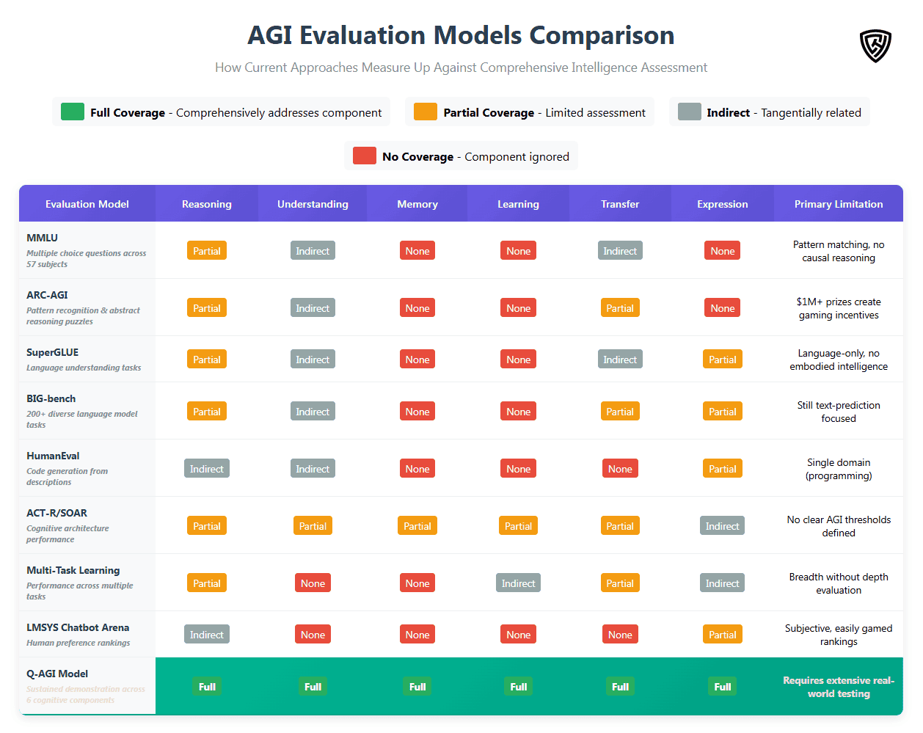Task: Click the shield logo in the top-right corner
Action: (x=875, y=45)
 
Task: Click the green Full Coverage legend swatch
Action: (x=72, y=112)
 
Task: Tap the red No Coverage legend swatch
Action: (x=364, y=156)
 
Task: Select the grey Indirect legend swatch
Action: (x=689, y=112)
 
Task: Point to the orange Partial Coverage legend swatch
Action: (x=425, y=112)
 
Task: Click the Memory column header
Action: (x=417, y=204)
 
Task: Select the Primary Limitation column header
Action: (x=838, y=204)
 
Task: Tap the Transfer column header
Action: (x=619, y=204)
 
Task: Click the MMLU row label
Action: (x=43, y=238)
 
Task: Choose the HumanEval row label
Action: (x=53, y=456)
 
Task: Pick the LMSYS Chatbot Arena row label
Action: (x=78, y=627)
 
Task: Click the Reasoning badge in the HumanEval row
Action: (x=206, y=469)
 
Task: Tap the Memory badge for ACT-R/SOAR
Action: (x=417, y=526)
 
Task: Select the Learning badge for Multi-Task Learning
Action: (x=518, y=583)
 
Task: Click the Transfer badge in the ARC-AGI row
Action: (x=619, y=308)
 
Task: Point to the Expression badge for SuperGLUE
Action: (x=722, y=360)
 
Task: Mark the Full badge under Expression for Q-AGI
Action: (x=722, y=687)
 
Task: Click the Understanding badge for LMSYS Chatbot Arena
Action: (x=313, y=635)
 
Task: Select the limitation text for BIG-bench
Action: (x=838, y=412)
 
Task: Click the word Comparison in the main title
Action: (x=602, y=35)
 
